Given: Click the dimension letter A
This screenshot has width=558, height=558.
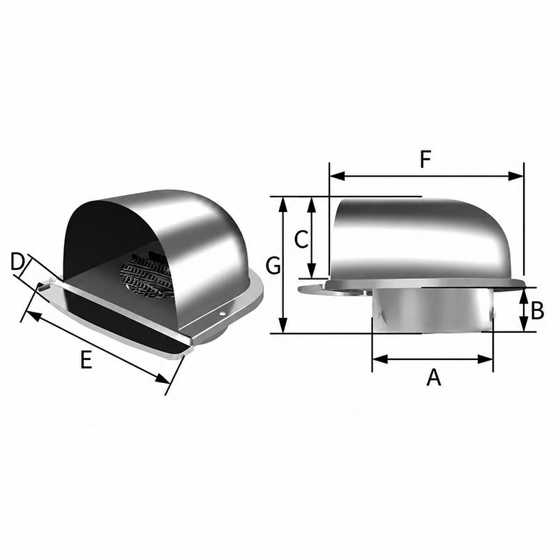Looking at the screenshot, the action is [x=433, y=377].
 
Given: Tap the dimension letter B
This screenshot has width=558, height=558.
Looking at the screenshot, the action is [x=537, y=310].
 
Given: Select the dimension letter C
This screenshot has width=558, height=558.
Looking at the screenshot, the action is [x=301, y=239].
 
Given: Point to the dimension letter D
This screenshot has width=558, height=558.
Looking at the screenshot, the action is [x=17, y=262].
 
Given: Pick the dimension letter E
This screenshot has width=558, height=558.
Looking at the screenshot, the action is [x=86, y=359].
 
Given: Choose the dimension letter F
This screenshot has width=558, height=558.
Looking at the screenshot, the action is [x=425, y=159].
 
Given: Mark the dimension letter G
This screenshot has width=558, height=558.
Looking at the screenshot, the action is [x=273, y=266].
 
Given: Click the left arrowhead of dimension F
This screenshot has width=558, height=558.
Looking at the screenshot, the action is [x=337, y=176].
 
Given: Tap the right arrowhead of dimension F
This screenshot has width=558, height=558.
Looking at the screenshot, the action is [x=516, y=176].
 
